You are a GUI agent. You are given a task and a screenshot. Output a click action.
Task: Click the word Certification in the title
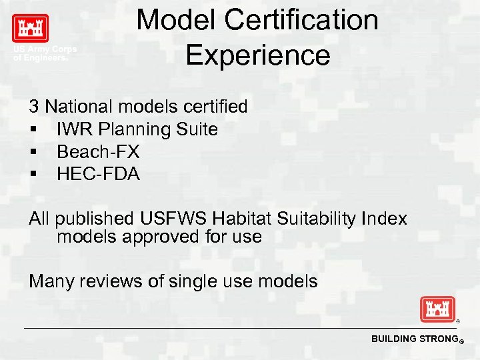tap(302, 20)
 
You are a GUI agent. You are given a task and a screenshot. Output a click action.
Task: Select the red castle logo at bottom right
tap(437, 310)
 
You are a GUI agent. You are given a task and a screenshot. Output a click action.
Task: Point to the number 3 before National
tap(33, 106)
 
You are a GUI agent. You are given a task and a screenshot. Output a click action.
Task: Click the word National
tap(79, 106)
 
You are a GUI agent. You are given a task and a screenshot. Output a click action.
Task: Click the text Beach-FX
tap(98, 151)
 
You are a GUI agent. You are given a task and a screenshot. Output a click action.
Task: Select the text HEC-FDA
tap(98, 174)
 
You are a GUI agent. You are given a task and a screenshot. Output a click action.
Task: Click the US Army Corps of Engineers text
tap(45, 53)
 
